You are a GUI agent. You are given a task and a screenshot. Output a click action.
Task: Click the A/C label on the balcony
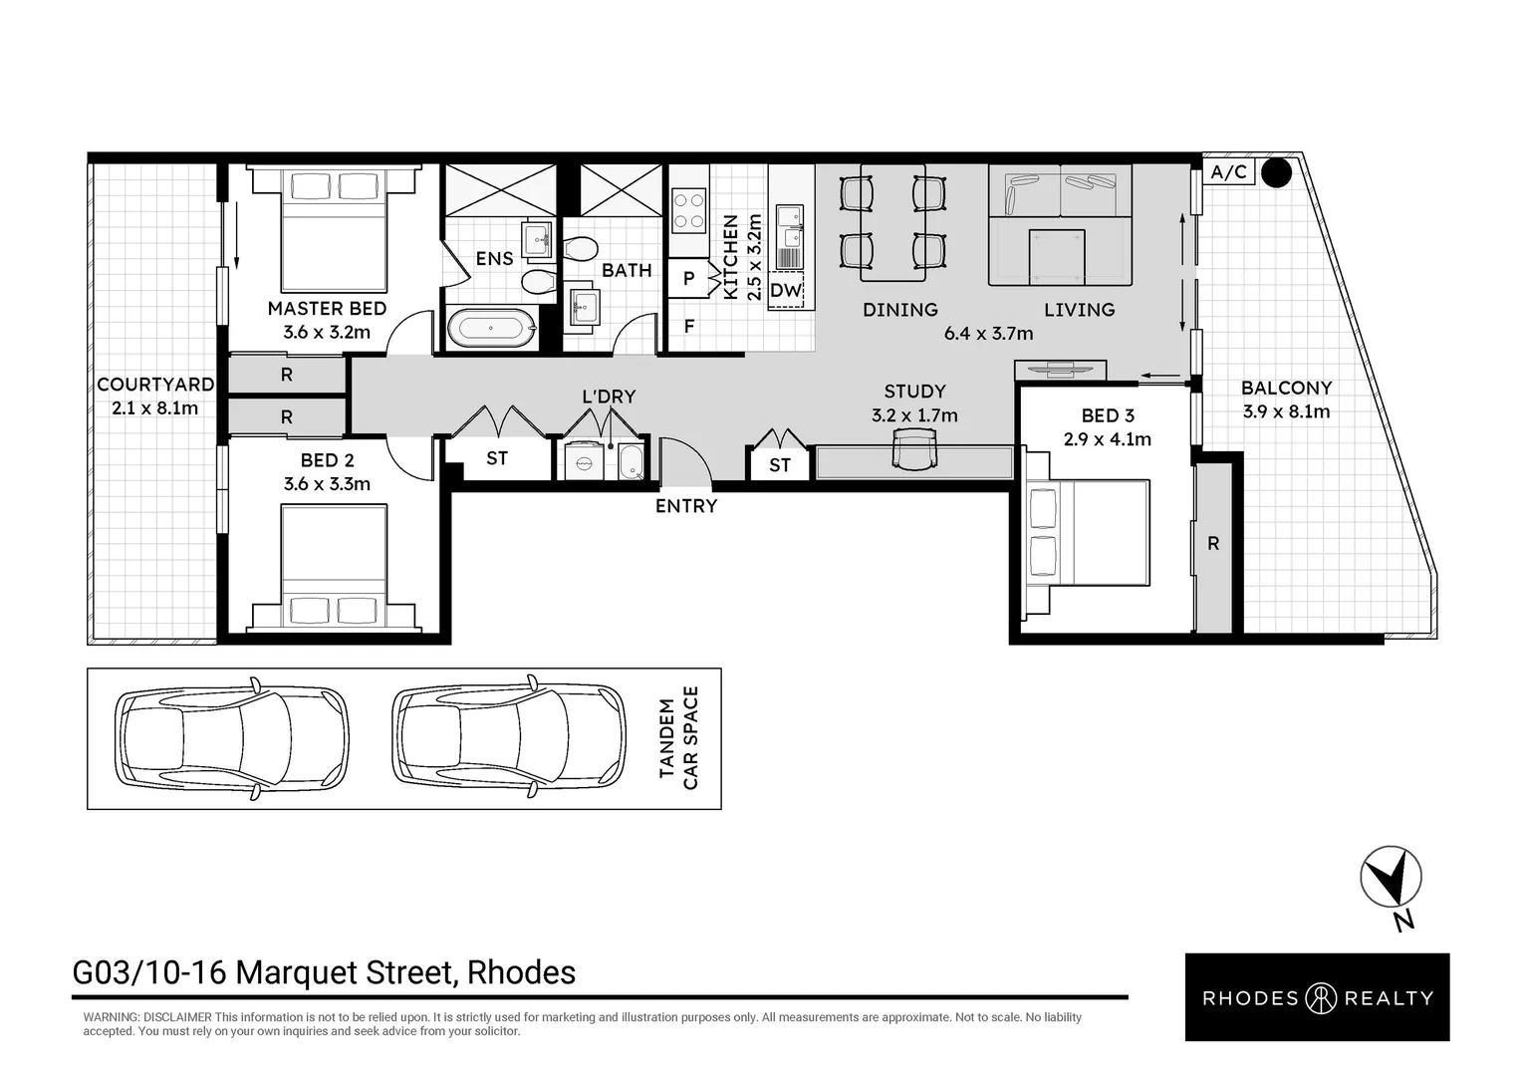1228,172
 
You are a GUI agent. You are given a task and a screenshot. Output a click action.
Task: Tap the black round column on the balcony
1276,172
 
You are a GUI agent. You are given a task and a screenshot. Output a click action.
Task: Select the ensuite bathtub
492,329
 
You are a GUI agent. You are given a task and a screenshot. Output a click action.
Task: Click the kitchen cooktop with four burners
688,210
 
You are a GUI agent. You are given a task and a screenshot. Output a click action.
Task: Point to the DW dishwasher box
786,290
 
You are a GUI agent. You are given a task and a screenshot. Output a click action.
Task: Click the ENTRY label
686,506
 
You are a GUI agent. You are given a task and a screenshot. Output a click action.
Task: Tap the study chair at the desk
913,449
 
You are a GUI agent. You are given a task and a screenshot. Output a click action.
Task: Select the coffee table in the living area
1057,256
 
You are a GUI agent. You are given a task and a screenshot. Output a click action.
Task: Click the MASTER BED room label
327,309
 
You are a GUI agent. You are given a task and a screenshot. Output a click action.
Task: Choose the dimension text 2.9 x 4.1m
1108,439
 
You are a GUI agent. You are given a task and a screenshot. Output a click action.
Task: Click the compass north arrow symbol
1391,877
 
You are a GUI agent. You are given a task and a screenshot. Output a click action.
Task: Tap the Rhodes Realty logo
1318,997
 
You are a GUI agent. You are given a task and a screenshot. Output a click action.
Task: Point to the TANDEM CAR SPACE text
678,738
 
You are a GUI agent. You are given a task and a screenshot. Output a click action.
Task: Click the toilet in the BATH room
580,249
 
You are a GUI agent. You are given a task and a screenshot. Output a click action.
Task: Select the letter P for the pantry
689,278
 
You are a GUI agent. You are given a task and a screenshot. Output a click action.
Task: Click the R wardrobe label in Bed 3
1213,544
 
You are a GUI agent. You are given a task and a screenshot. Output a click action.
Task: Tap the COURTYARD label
155,385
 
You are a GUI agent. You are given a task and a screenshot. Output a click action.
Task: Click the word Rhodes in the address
521,972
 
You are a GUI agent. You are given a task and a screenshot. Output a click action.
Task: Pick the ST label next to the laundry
497,459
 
